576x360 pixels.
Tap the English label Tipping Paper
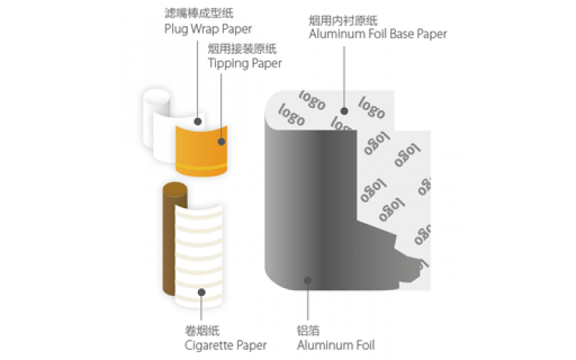(244, 63)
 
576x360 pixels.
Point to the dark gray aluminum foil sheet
(302, 216)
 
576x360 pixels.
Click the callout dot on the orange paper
(222, 142)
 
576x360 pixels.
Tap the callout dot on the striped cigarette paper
(202, 293)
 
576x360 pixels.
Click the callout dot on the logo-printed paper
(345, 111)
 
